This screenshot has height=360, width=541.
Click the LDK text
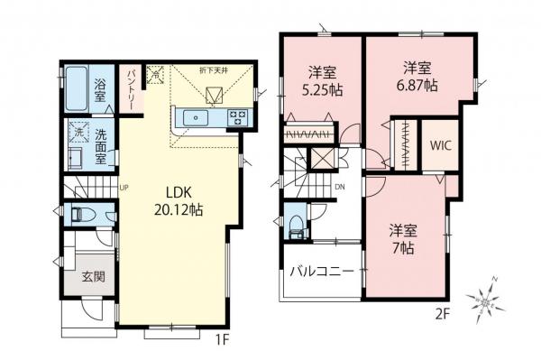coord(178,192)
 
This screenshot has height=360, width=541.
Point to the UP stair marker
coord(124,188)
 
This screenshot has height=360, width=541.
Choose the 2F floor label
coord(442,315)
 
